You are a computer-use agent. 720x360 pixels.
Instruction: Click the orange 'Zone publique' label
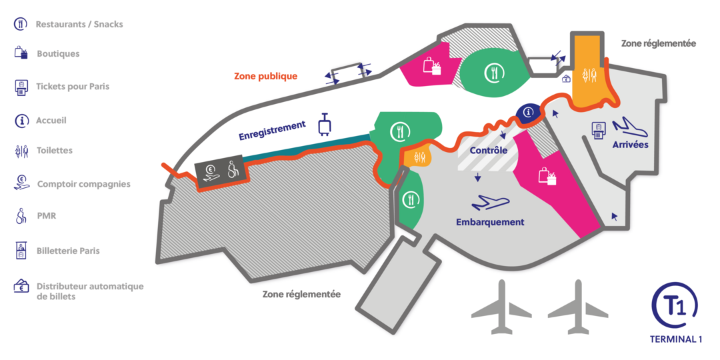click(x=266, y=76)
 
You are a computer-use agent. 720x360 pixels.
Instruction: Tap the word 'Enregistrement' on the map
click(x=272, y=131)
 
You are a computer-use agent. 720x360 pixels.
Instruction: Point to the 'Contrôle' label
click(x=489, y=151)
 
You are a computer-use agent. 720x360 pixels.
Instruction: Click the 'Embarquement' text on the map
click(x=490, y=222)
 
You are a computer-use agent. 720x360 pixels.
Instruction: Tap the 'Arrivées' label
click(x=630, y=145)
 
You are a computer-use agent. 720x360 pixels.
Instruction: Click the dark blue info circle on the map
click(x=529, y=111)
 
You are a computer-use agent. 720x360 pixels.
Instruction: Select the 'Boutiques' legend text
click(x=58, y=54)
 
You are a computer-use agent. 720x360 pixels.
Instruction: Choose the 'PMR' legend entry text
click(x=46, y=216)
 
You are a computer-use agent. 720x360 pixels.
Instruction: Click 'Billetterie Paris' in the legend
click(x=68, y=251)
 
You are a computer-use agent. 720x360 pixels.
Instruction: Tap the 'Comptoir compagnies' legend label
click(x=83, y=184)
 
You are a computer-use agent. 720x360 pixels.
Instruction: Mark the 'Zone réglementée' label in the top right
click(x=659, y=43)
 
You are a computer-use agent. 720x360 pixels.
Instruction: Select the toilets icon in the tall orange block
click(x=589, y=75)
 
